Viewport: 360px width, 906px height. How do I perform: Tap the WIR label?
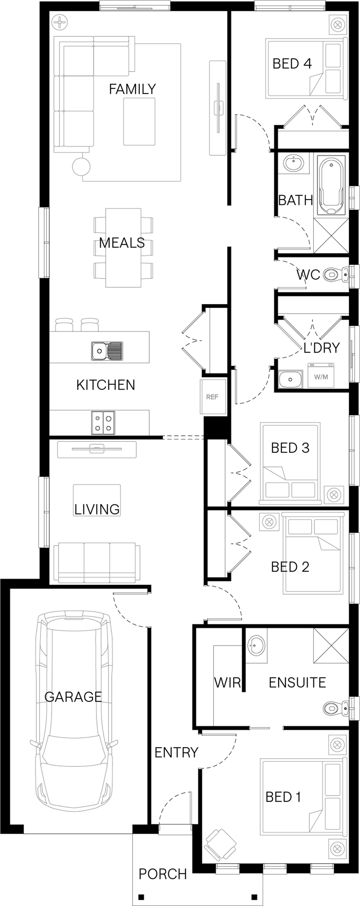point(228,683)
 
